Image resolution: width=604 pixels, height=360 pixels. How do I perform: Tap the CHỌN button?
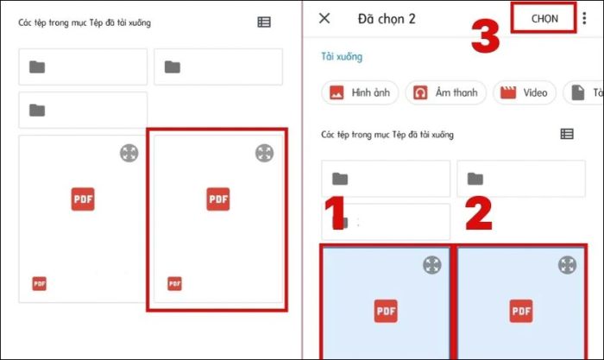[x=544, y=18]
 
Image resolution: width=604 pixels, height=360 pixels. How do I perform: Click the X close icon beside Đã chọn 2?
[x=324, y=18]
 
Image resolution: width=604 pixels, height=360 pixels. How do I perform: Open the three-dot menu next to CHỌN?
[x=585, y=18]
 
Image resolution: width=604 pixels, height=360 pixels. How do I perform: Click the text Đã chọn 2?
[x=387, y=18]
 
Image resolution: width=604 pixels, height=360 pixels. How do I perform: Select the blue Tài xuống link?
[x=342, y=57]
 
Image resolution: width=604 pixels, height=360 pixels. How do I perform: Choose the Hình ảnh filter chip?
[x=360, y=92]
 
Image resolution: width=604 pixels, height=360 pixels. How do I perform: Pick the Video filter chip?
[x=525, y=92]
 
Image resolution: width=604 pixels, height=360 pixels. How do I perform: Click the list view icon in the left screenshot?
[x=264, y=22]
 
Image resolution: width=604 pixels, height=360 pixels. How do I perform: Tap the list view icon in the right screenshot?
[x=567, y=134]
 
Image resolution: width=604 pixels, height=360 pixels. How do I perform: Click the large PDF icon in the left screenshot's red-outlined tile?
[x=218, y=199]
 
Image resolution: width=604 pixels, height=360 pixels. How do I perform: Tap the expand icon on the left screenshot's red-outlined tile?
[x=264, y=153]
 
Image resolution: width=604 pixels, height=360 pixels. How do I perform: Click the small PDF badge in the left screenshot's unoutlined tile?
[x=40, y=283]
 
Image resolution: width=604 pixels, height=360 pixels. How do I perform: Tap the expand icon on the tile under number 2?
[x=567, y=265]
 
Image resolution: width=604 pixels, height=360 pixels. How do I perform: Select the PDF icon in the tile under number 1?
[x=385, y=311]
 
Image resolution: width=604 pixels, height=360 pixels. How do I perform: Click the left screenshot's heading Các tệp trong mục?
[x=85, y=22]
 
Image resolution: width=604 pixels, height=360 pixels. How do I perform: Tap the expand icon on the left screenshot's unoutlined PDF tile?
[x=129, y=153]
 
